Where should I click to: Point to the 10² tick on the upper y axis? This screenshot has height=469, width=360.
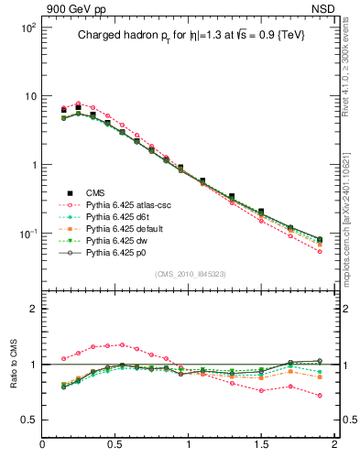pos(27,27)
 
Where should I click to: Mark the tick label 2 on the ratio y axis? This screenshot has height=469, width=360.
pos(32,309)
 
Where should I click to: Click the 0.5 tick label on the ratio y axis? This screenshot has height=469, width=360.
pos(28,420)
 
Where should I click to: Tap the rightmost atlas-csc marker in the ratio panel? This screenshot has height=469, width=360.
pos(320,396)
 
